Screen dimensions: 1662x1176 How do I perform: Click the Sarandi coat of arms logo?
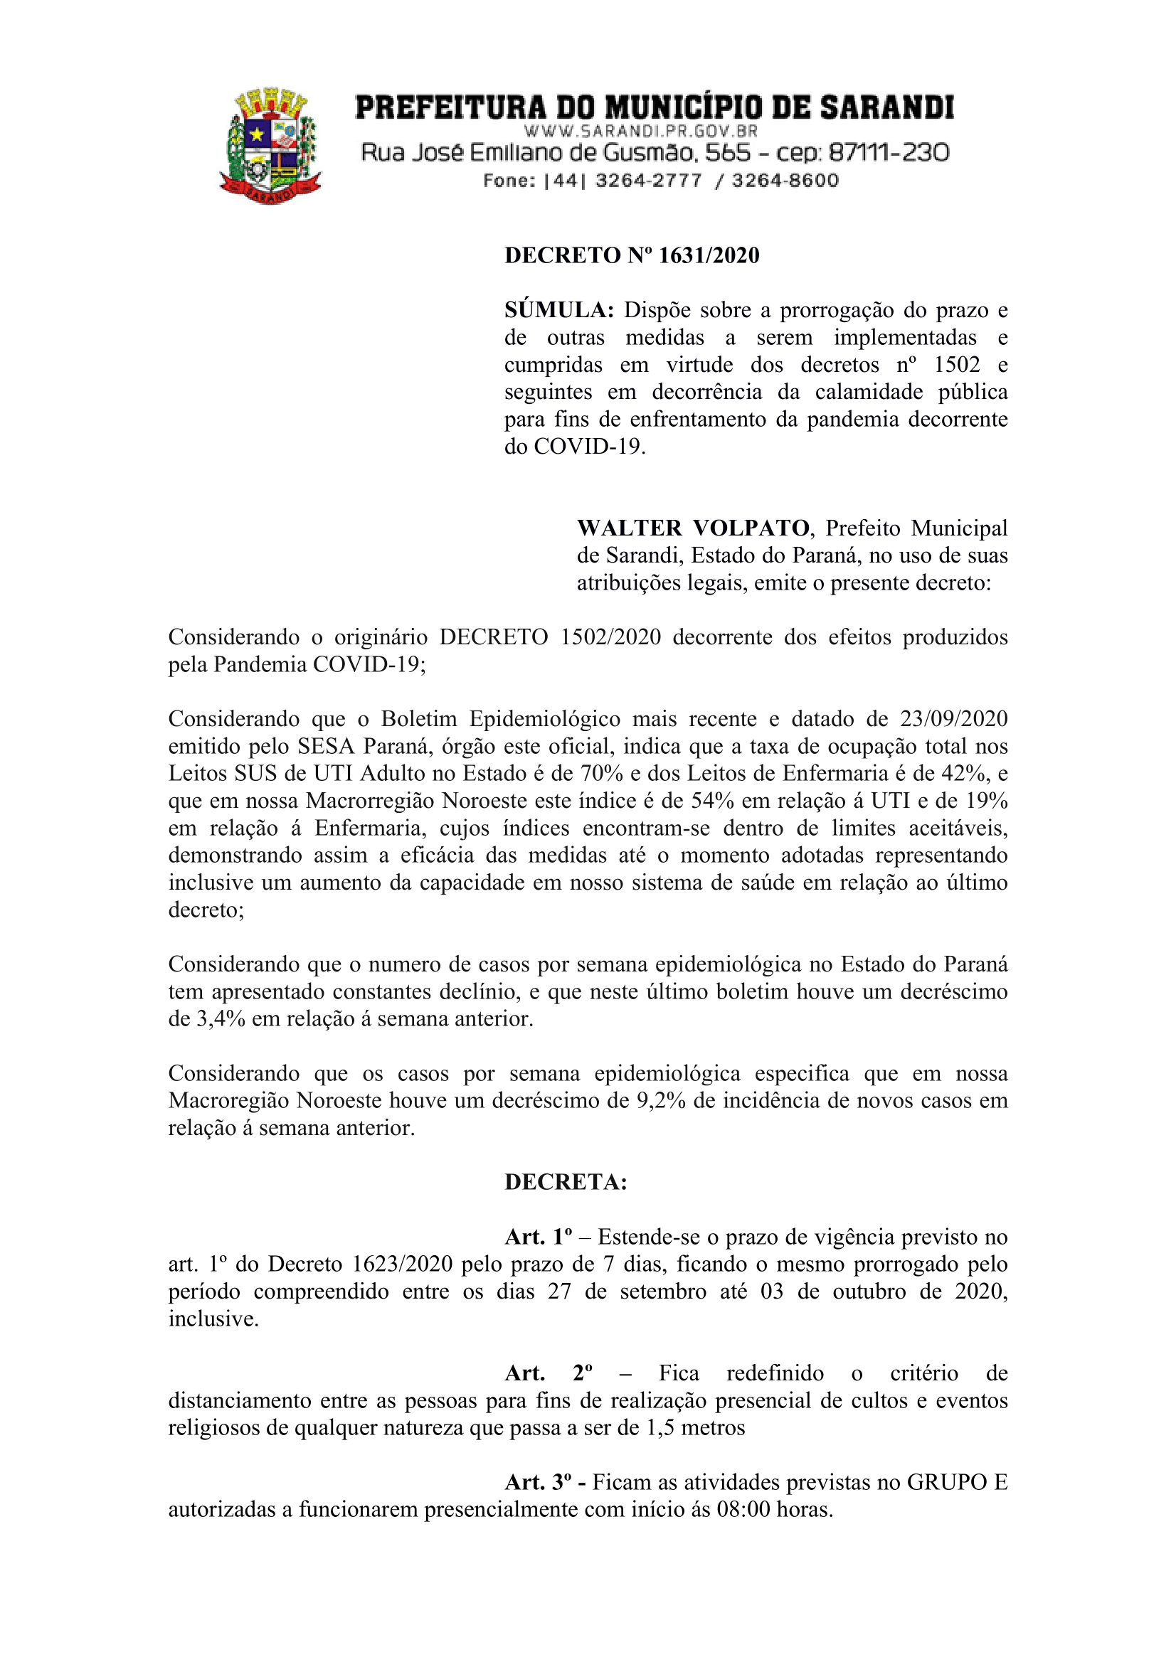coord(270,146)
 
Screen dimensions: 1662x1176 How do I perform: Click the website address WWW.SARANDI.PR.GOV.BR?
coord(641,131)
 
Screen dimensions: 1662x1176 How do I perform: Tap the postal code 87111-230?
coord(889,153)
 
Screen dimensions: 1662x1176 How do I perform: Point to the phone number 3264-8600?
coord(785,180)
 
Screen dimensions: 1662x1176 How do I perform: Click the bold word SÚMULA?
coord(559,311)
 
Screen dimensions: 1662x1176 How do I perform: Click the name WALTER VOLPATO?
coord(693,528)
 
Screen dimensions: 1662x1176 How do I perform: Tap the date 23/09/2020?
coord(954,719)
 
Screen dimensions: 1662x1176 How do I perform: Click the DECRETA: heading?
coord(566,1182)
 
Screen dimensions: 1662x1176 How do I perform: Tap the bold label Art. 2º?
coord(549,1373)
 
